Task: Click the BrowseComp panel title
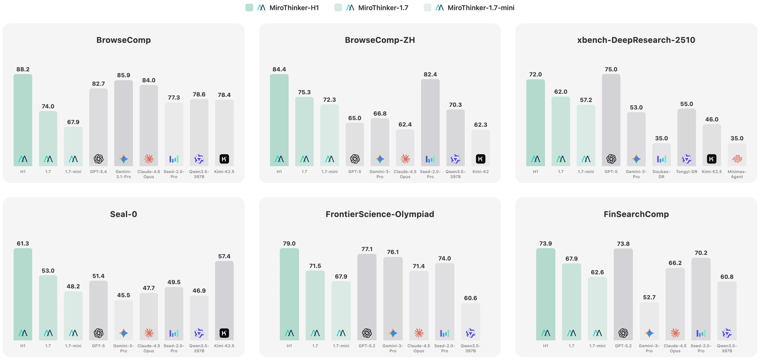[x=123, y=40]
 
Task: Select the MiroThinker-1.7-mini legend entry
[x=469, y=8]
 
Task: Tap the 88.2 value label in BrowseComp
[x=23, y=69]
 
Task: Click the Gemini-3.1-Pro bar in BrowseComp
[x=123, y=123]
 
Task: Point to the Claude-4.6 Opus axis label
[x=149, y=174]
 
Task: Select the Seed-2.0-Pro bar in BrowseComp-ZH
[x=430, y=123]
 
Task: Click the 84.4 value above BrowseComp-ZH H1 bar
[x=279, y=69]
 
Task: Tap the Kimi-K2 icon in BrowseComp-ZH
[x=481, y=159]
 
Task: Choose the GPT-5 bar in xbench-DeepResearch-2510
[x=611, y=120]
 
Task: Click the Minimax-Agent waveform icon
[x=737, y=159]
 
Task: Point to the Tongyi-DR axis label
[x=687, y=172]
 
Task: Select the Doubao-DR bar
[x=661, y=155]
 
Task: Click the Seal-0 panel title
[x=123, y=214]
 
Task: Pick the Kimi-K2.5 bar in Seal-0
[x=224, y=301]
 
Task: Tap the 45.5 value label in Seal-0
[x=123, y=295]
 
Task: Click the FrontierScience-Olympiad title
[x=380, y=214]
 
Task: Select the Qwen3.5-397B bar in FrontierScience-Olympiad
[x=471, y=322]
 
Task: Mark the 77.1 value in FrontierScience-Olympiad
[x=367, y=249]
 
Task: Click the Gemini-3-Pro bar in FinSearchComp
[x=649, y=321]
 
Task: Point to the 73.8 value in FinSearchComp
[x=623, y=244]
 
